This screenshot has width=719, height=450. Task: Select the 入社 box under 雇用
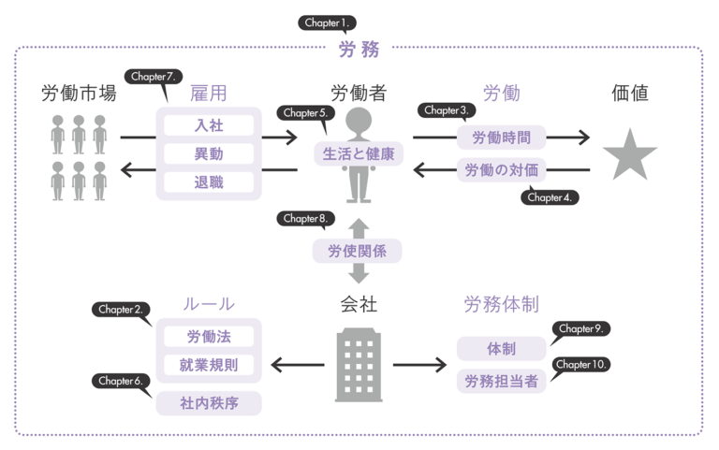[x=209, y=123]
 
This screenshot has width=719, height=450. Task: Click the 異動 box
[x=209, y=152]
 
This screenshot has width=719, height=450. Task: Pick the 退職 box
[x=209, y=181]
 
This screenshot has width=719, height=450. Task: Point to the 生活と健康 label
[x=359, y=153]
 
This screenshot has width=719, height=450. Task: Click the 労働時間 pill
[x=502, y=138]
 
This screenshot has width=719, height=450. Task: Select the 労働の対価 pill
[x=502, y=170]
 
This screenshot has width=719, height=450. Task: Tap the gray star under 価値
[x=629, y=154]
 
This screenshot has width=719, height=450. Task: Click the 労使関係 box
[x=358, y=250]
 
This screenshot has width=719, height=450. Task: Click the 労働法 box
[x=209, y=337]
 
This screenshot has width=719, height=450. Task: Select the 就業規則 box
[x=209, y=365]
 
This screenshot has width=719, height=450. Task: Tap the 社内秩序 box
[x=209, y=403]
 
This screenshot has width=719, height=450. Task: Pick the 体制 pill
[x=501, y=348]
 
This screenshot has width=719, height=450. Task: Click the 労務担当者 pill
[x=501, y=381]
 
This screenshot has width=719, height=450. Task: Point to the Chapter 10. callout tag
[x=581, y=364]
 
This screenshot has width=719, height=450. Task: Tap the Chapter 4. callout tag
[x=551, y=196]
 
